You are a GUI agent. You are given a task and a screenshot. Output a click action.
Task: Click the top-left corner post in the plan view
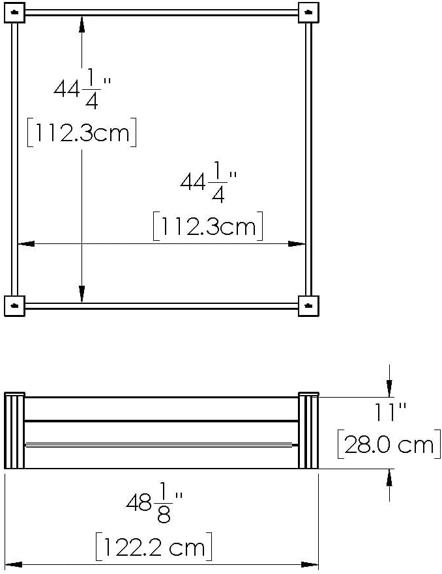[x=14, y=12]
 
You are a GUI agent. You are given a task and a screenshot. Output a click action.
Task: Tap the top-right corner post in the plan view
[x=308, y=12]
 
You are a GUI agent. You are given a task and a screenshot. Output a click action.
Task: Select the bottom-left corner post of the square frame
[x=14, y=305]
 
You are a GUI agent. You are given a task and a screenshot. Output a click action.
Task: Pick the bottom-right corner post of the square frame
[x=308, y=305]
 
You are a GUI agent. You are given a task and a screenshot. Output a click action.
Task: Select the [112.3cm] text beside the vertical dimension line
[x=81, y=133]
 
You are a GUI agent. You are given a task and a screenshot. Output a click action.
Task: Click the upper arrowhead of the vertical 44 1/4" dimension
[x=81, y=23]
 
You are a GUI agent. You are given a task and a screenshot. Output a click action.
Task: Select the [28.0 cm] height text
[x=386, y=444]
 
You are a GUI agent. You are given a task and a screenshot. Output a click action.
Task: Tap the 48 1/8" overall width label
[x=155, y=502]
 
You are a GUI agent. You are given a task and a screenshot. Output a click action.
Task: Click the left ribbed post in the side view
[x=14, y=430]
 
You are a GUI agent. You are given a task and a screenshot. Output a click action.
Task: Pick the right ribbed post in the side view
[x=308, y=430]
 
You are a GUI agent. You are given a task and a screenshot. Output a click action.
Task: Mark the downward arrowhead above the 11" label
[x=389, y=389]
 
